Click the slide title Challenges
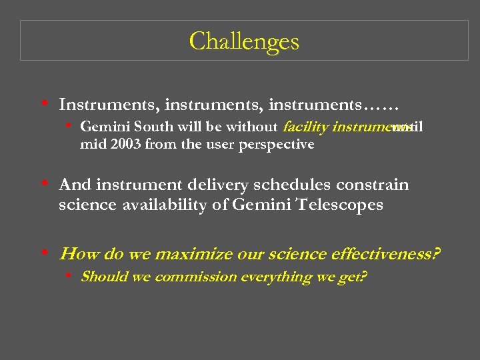pos(244,41)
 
